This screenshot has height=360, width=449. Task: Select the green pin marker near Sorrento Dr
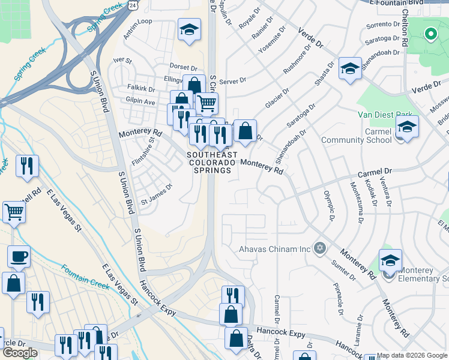(430, 34)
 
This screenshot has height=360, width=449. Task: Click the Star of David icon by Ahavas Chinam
(320, 248)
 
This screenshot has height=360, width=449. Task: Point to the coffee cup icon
(19, 257)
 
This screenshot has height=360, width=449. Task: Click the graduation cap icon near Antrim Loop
(189, 29)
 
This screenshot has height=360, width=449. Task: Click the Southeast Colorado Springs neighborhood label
(208, 162)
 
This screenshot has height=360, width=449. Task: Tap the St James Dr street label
(156, 187)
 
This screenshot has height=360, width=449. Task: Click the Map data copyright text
(412, 355)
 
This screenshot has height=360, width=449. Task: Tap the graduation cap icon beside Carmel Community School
(407, 127)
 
